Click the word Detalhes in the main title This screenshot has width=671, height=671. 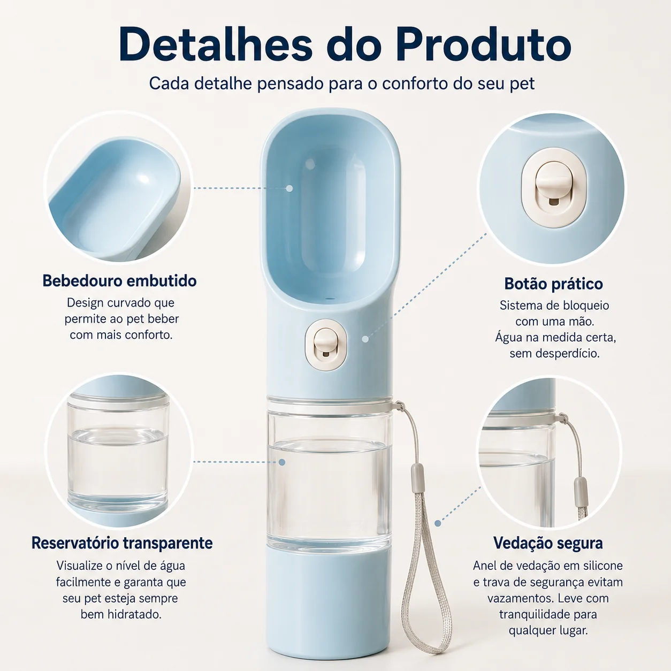(x=216, y=44)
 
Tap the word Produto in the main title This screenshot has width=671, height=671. (x=483, y=44)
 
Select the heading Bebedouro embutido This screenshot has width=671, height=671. (x=119, y=281)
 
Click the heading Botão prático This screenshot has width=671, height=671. (x=554, y=284)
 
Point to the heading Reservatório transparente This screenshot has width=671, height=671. (x=122, y=543)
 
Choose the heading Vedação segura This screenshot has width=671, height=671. (x=548, y=543)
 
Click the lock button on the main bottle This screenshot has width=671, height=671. (x=326, y=345)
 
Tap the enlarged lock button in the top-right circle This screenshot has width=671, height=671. (x=554, y=186)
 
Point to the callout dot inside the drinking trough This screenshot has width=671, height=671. (x=289, y=188)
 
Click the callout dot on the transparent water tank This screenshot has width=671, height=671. (x=282, y=462)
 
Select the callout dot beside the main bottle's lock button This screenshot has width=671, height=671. (x=365, y=339)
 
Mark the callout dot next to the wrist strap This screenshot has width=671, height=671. (x=438, y=523)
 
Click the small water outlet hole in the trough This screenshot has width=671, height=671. (x=330, y=298)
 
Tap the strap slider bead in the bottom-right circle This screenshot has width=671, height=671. (x=578, y=487)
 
